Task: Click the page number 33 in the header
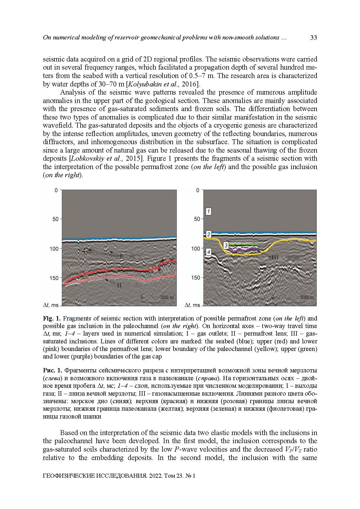pyautogui.click(x=313, y=38)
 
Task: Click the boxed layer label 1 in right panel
pyautogui.click(x=208, y=211)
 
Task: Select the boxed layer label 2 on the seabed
pyautogui.click(x=208, y=234)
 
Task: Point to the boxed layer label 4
pyautogui.click(x=208, y=252)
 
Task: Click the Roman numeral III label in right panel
pyautogui.click(x=275, y=257)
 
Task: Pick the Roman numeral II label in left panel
pyautogui.click(x=119, y=285)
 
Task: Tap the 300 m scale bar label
pyautogui.click(x=167, y=297)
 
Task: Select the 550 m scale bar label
pyautogui.click(x=307, y=297)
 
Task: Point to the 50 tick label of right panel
pyautogui.click(x=197, y=219)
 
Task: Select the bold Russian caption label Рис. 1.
pyautogui.click(x=52, y=370)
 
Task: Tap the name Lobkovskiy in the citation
pyautogui.click(x=85, y=159)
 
